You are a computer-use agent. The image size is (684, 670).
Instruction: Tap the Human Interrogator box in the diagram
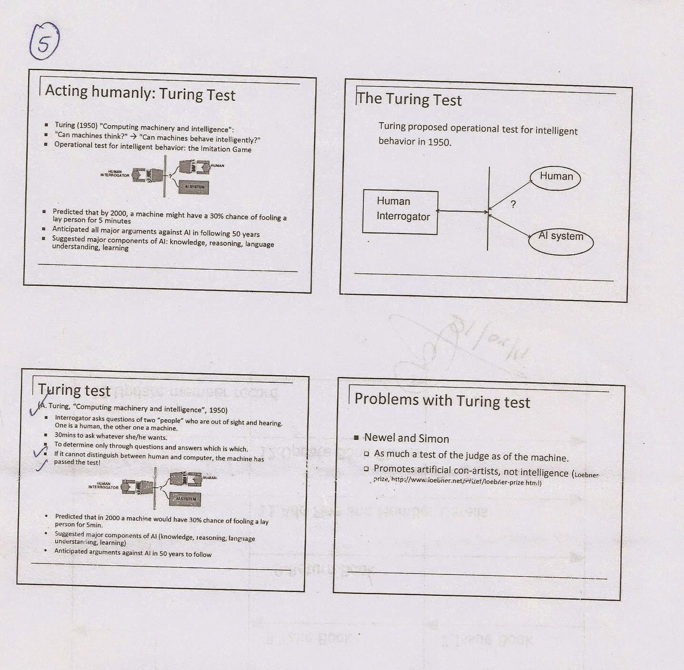point(400,212)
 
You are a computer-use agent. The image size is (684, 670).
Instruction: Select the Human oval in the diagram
point(556,177)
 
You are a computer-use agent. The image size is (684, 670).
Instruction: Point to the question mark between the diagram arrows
point(513,204)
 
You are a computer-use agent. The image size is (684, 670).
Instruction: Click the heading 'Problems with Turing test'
point(442,400)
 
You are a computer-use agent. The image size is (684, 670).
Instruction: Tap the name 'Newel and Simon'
point(406,438)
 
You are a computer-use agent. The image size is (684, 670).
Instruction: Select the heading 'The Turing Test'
point(409,99)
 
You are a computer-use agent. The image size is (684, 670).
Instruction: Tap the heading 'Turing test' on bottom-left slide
point(75,390)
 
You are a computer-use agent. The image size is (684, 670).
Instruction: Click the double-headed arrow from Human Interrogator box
point(462,211)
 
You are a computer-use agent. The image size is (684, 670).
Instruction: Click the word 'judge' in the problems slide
point(478,456)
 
